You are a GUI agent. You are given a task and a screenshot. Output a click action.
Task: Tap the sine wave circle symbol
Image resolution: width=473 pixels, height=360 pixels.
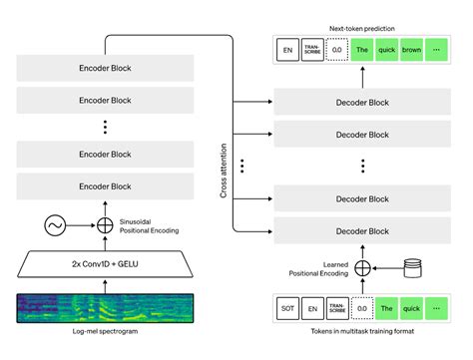click(55, 225)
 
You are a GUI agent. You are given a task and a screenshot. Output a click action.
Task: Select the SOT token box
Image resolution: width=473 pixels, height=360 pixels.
click(287, 309)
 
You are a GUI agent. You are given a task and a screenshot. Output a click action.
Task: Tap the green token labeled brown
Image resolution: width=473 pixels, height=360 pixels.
click(411, 49)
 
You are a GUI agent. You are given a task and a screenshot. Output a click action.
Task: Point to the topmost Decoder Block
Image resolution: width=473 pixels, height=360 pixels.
click(363, 103)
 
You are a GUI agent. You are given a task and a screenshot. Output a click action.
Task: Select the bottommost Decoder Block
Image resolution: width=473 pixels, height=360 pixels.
click(363, 230)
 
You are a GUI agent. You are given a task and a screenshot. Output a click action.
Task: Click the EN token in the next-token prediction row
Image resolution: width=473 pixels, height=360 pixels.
click(287, 49)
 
